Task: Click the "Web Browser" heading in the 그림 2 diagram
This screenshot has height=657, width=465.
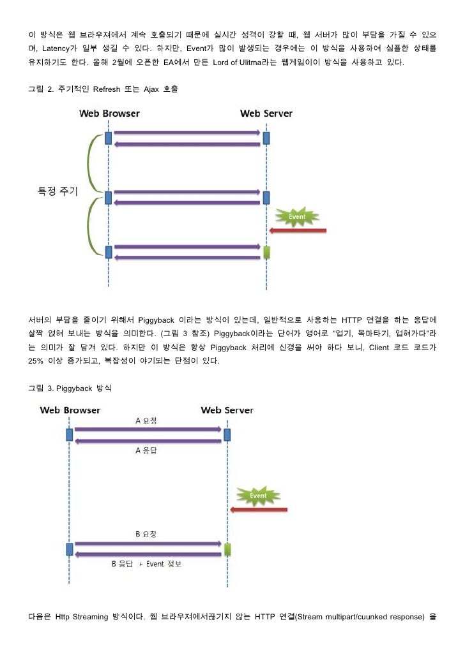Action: point(109,114)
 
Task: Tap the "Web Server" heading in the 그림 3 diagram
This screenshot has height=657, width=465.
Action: point(227,410)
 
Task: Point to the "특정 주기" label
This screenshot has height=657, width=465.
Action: point(57,192)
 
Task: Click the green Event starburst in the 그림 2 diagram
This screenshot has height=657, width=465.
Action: point(297,216)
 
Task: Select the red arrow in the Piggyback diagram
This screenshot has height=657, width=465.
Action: point(259,509)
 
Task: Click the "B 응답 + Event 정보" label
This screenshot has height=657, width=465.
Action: point(147,564)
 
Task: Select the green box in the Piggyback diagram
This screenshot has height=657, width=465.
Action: point(227,549)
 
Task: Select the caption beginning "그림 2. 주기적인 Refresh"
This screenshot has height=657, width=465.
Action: point(103,89)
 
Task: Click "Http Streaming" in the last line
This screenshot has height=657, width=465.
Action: point(77,617)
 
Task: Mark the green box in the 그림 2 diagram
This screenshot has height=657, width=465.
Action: point(266,253)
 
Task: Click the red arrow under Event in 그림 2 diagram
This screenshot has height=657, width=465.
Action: point(298,230)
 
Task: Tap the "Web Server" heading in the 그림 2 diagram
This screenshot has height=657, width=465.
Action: point(266,114)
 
